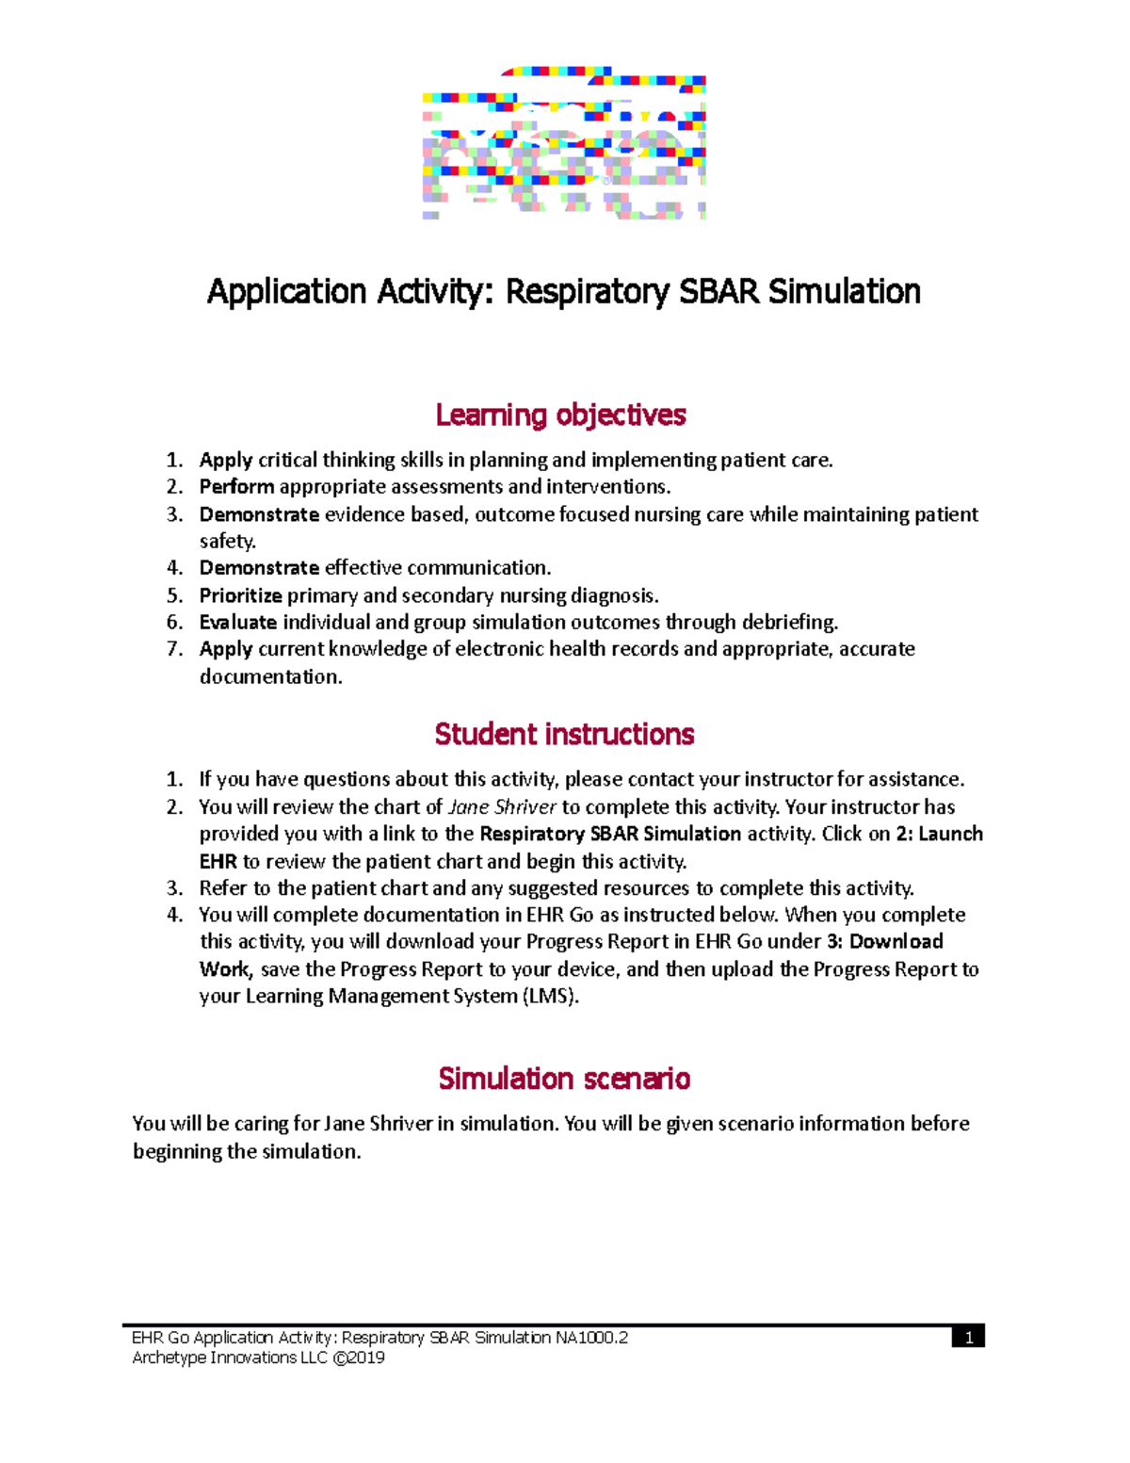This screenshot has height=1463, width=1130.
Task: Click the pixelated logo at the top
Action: coord(563,143)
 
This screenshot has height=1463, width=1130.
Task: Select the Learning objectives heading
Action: coord(561,415)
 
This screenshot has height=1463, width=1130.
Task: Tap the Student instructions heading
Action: coord(564,734)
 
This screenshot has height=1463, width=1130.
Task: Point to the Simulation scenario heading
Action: coord(564,1079)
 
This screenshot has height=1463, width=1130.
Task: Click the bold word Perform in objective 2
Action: coord(236,487)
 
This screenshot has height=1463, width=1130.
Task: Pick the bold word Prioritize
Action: coord(240,595)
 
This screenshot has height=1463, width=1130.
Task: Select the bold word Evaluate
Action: coord(237,623)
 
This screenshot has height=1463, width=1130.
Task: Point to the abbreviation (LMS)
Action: coord(551,997)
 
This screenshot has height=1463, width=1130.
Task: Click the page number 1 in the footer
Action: coord(968,1338)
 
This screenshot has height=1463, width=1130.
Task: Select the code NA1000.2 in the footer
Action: coord(591,1338)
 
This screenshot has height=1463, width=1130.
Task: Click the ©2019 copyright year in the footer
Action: coord(359,1357)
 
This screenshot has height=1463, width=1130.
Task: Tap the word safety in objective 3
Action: coord(226,542)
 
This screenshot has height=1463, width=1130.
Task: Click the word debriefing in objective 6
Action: coord(789,623)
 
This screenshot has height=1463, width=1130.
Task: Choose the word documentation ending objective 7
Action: coord(269,677)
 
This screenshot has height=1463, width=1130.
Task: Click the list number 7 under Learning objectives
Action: coord(173,649)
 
